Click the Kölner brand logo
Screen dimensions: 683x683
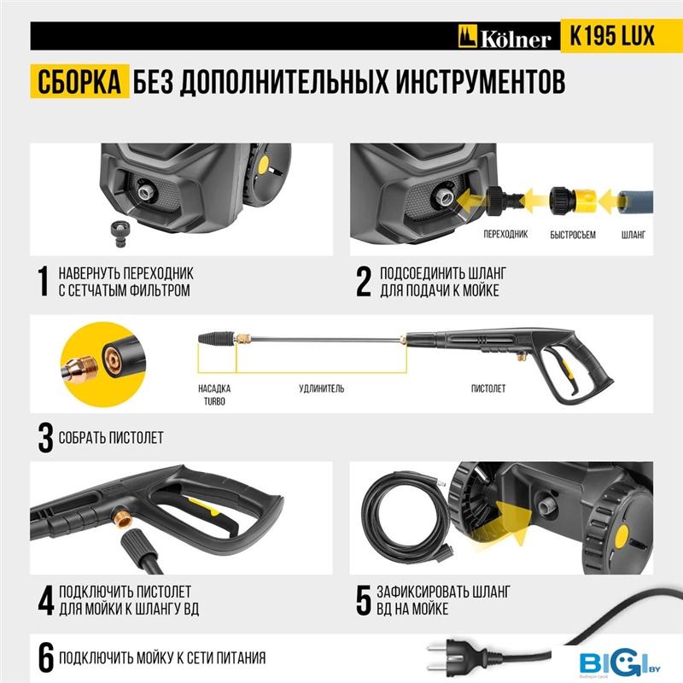505,37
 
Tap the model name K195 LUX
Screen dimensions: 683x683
612,36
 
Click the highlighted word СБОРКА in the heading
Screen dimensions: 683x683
79,81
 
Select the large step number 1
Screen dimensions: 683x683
43,282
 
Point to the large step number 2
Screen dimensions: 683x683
364,282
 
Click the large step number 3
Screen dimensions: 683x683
45,437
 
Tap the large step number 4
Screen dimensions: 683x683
46,600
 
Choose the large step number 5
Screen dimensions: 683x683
364,600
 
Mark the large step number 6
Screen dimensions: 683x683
46,657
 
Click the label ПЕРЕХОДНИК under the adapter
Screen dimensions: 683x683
505,234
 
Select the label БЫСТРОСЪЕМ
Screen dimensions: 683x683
572,235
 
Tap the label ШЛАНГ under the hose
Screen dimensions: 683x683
633,235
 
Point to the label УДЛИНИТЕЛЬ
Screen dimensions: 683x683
322,388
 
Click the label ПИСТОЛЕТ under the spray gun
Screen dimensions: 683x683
488,388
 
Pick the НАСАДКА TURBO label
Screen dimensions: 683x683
214,394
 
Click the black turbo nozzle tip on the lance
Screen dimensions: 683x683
217,337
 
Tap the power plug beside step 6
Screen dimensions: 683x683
452,658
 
